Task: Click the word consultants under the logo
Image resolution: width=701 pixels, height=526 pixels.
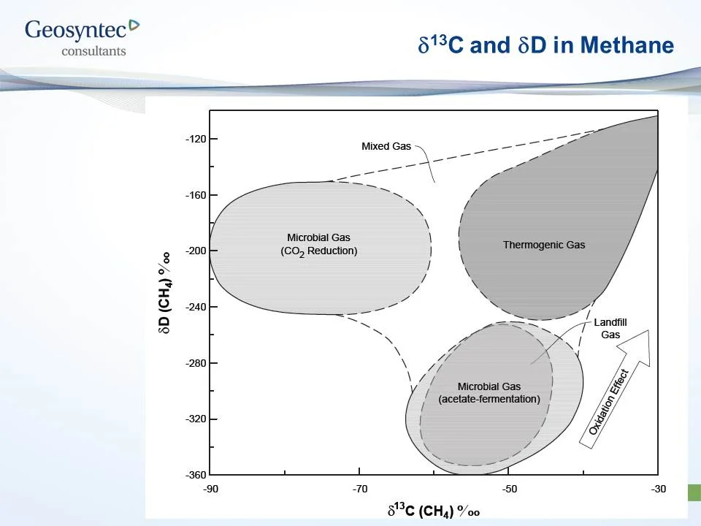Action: click(x=93, y=51)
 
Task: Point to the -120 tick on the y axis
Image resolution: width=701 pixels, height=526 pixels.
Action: click(x=195, y=139)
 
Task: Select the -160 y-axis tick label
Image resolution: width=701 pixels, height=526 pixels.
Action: click(x=195, y=195)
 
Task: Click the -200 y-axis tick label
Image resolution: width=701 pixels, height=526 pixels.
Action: click(x=195, y=251)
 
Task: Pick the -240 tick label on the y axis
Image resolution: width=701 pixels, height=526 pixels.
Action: click(x=195, y=307)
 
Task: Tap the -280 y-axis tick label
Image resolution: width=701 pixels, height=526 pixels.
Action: click(x=195, y=363)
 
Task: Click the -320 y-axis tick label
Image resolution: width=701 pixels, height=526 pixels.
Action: click(x=195, y=419)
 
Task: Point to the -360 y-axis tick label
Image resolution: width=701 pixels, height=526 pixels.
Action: click(x=195, y=476)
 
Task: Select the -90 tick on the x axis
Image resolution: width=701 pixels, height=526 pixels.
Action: click(x=210, y=488)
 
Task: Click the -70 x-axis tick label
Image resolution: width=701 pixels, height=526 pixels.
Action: click(x=359, y=488)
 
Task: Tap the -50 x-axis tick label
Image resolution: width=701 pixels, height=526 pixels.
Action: click(x=509, y=488)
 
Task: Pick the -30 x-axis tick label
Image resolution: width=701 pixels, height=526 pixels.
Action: click(x=659, y=488)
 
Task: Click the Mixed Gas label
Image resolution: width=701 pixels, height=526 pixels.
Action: click(x=386, y=146)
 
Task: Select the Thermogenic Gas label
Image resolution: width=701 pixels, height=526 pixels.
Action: click(x=544, y=245)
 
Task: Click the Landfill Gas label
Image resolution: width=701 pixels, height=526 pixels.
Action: click(x=610, y=328)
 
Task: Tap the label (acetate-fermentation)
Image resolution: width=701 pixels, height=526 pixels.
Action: click(x=489, y=399)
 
